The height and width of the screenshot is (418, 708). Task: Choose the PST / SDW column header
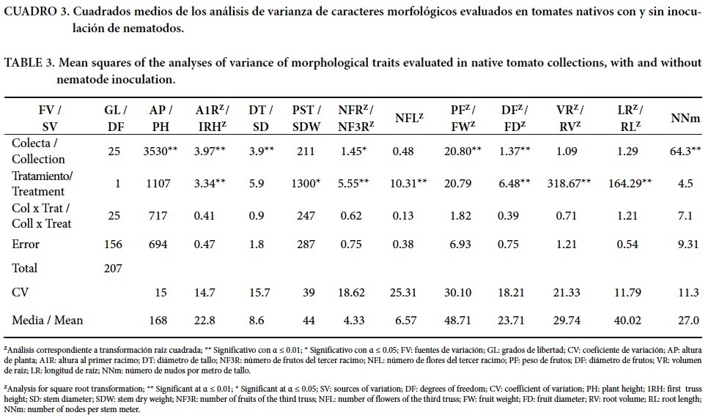[310, 116]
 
